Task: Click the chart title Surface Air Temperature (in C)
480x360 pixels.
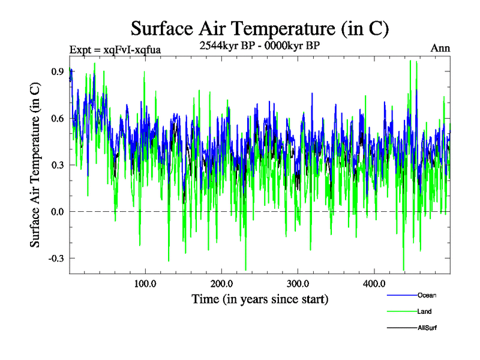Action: (x=260, y=28)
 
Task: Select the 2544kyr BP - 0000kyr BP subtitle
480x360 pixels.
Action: (x=259, y=45)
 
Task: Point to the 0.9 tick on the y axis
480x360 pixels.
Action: (x=58, y=71)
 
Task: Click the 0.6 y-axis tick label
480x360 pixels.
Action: (x=58, y=118)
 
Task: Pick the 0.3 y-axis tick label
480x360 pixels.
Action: (x=58, y=165)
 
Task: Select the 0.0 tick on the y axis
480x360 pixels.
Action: (x=58, y=212)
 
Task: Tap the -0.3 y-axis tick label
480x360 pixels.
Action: (x=56, y=259)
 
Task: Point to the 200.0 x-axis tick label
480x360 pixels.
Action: (x=222, y=284)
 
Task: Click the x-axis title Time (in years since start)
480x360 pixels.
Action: (x=260, y=299)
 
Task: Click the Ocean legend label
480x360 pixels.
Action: (x=427, y=295)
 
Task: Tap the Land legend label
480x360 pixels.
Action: (x=424, y=311)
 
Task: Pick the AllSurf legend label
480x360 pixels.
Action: (x=427, y=328)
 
